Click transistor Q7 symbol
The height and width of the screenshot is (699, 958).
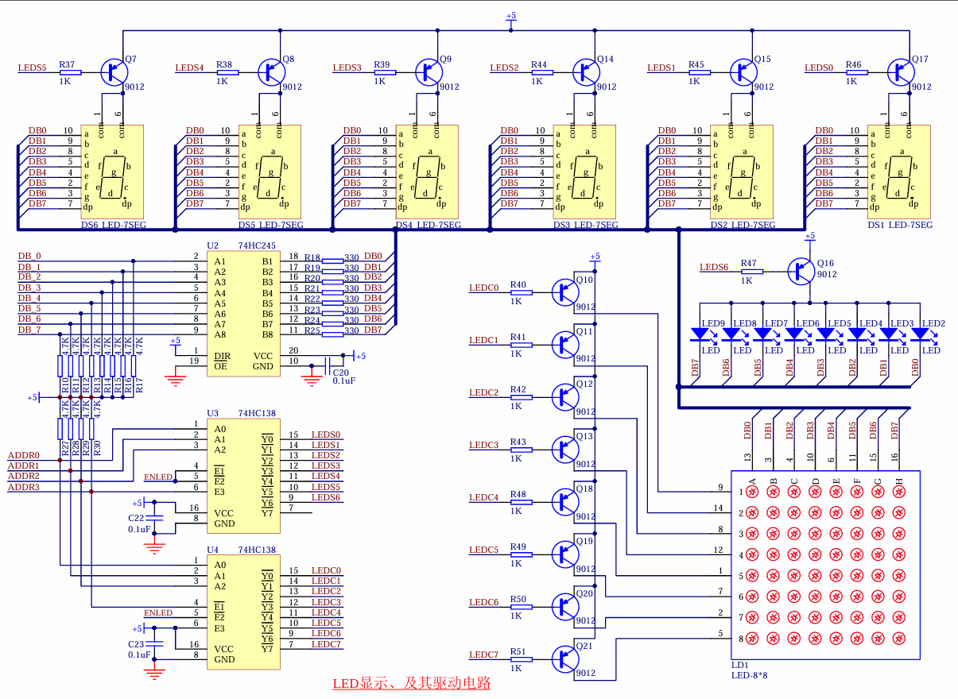[x=114, y=72]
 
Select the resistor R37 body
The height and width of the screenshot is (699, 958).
[x=71, y=72]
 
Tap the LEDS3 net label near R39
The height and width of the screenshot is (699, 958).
[x=347, y=68]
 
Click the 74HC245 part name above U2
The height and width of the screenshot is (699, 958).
[x=257, y=245]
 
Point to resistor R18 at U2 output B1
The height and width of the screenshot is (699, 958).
[x=332, y=261]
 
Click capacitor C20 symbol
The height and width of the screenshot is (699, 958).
[x=328, y=365]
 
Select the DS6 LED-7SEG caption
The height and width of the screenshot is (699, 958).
[x=114, y=225]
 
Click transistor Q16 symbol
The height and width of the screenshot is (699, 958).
[x=801, y=271]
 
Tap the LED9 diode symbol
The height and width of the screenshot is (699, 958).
[x=700, y=334]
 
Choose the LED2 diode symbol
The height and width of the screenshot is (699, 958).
[x=920, y=334]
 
